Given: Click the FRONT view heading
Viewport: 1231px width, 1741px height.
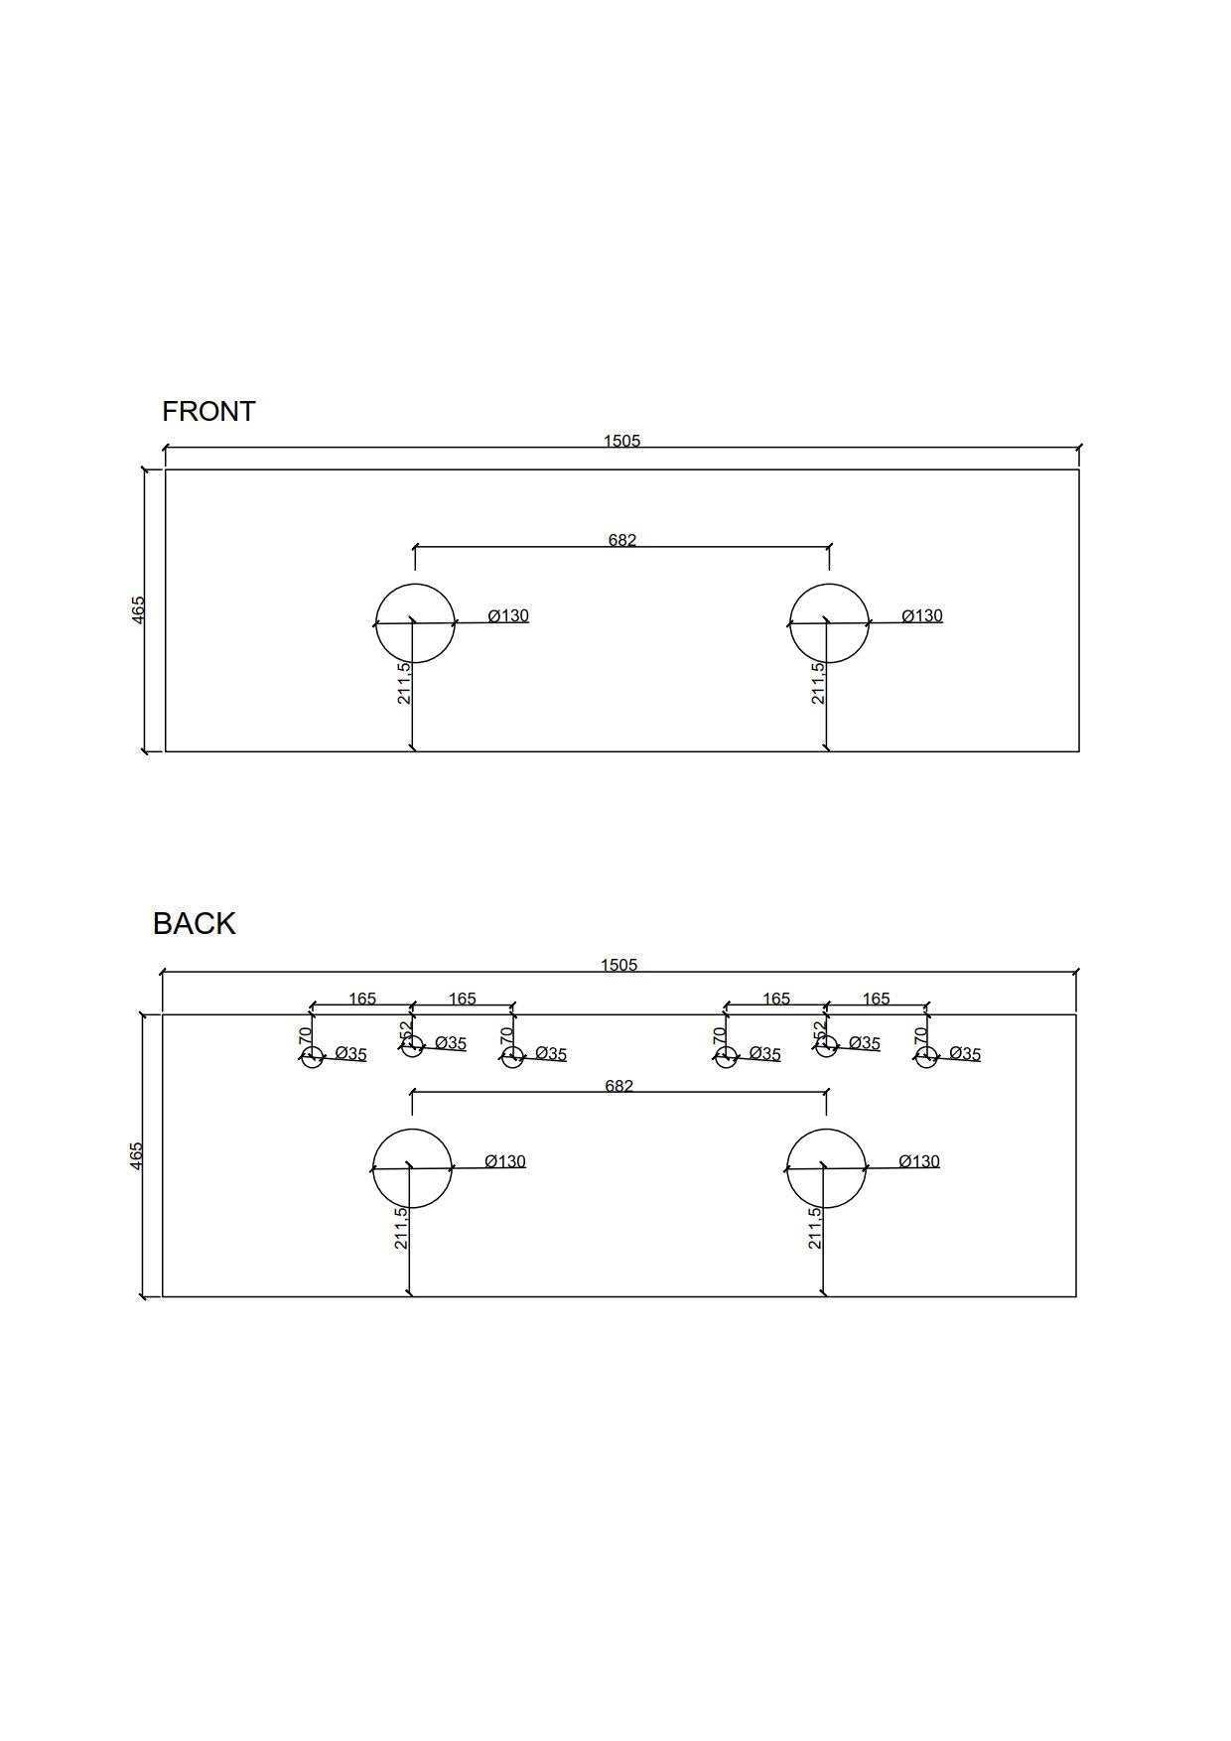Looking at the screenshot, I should [x=208, y=411].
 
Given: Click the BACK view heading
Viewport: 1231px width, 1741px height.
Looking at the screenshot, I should [x=195, y=923].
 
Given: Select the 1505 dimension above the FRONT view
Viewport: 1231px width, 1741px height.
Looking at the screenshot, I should [x=622, y=441].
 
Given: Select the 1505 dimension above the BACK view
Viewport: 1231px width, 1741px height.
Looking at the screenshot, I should [x=618, y=965].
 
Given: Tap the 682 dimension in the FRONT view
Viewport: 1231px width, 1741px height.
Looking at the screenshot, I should [x=622, y=540].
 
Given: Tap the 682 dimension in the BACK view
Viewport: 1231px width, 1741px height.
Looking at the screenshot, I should [x=618, y=1086].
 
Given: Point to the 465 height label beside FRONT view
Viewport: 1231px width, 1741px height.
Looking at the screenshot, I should [x=139, y=609].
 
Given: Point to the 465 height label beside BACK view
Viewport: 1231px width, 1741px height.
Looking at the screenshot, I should [x=137, y=1155].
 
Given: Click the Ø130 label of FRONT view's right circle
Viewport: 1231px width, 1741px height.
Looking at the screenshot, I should [x=922, y=615].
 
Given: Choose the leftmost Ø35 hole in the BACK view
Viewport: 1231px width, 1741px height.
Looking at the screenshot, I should [x=312, y=1057].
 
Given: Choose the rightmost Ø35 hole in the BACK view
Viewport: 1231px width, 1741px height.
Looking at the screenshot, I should [x=926, y=1057].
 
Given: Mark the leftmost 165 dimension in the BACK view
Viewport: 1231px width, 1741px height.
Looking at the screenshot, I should [x=362, y=999].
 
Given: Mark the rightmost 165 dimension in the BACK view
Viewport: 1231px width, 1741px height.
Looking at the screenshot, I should [x=877, y=999].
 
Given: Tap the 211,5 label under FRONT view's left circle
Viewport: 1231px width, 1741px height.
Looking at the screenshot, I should [x=404, y=683].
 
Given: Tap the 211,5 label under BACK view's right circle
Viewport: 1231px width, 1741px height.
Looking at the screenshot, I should [x=815, y=1228].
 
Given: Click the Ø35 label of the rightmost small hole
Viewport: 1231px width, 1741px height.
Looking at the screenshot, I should [x=965, y=1053].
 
